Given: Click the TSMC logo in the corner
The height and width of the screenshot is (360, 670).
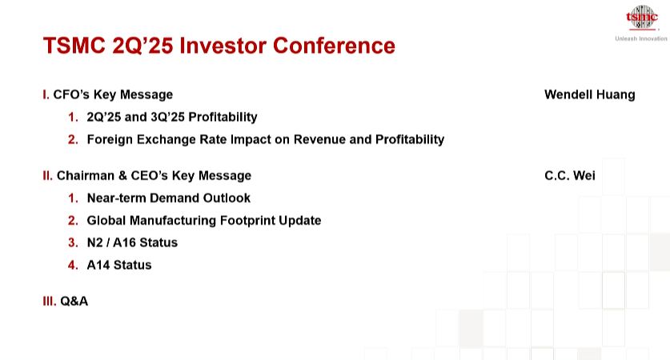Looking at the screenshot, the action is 641,18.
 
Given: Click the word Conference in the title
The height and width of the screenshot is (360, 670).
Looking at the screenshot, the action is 334,46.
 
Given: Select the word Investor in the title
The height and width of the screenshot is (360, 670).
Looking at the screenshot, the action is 223,46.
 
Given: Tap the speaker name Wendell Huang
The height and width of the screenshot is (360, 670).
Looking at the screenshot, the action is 590,94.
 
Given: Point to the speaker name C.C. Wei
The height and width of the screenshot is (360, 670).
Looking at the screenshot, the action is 570,175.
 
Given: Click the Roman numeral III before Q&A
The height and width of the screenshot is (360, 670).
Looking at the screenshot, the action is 49,301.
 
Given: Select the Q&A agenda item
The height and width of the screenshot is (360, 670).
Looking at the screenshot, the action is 74,301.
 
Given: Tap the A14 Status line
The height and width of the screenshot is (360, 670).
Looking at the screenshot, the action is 119,265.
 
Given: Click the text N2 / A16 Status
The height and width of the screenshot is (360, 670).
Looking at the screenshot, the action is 132,242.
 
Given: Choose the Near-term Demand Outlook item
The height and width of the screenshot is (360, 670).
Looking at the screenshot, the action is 168,198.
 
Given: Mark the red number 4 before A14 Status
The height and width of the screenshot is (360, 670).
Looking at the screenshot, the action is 73,265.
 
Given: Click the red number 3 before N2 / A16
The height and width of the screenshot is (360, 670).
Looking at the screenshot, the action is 73,242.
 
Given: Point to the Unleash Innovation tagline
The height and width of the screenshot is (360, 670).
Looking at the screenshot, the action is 641,38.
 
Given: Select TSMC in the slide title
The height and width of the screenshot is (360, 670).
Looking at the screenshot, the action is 74,46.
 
